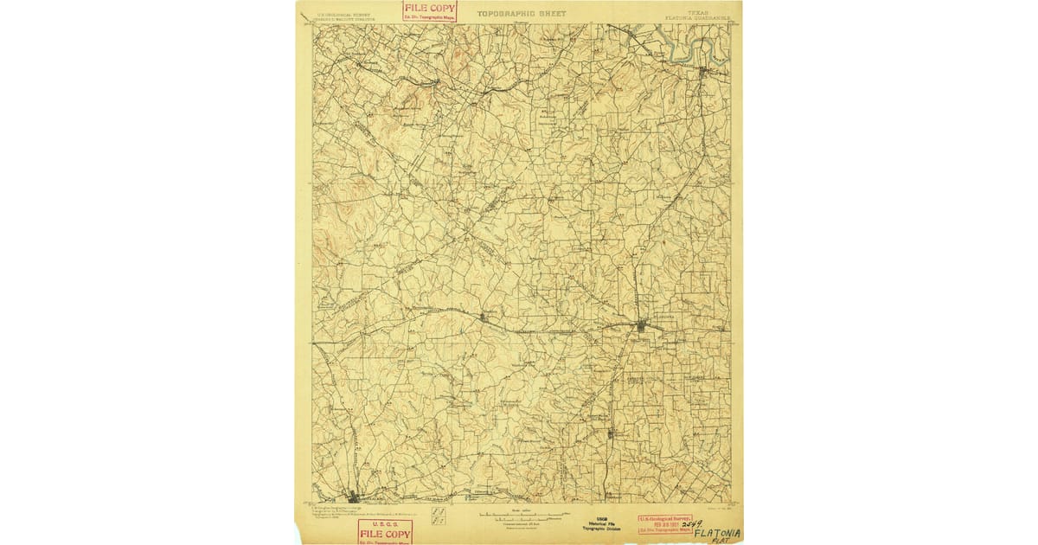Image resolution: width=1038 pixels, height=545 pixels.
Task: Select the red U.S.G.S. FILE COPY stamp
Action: coord(385,531)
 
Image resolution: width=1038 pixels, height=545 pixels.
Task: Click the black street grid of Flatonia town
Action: coord(641,326)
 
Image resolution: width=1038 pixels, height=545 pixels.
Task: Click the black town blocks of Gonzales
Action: coord(354,497)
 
